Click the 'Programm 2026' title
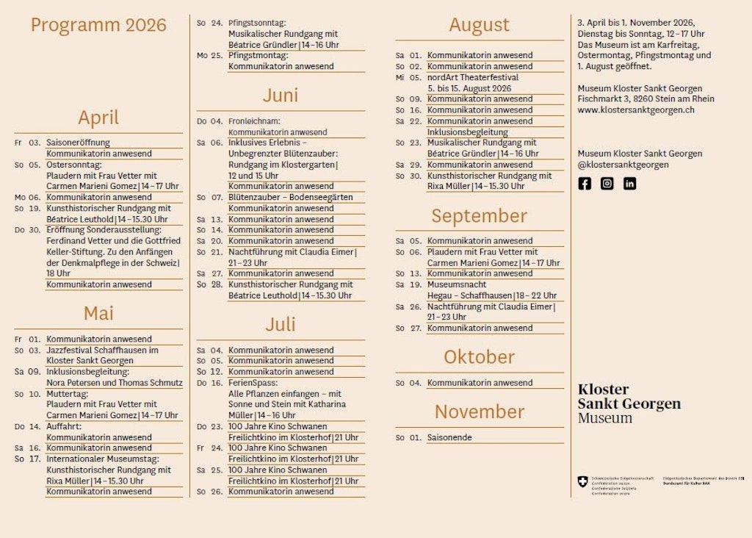(98, 25)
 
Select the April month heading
(98, 118)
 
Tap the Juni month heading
(281, 96)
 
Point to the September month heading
(479, 216)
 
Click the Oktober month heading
(479, 357)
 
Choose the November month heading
(479, 412)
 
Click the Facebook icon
(585, 184)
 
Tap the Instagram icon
(607, 184)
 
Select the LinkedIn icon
(629, 184)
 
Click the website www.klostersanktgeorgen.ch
(635, 110)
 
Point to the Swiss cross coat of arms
(583, 481)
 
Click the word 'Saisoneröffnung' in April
(78, 143)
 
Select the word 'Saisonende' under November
(449, 437)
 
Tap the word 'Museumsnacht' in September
(457, 284)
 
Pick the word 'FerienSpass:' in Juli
(253, 383)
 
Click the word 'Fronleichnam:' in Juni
(254, 121)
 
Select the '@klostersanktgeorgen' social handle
(623, 165)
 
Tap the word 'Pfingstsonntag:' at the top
(257, 23)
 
